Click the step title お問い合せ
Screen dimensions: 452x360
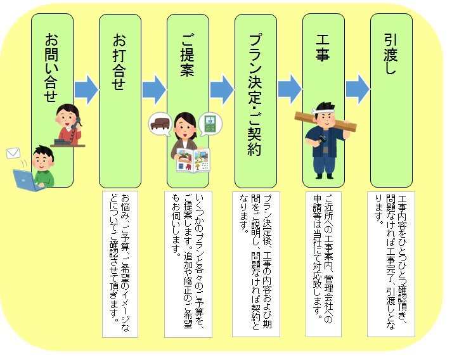click(51, 68)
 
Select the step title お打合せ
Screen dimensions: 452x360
click(119, 62)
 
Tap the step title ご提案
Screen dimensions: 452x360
click(187, 55)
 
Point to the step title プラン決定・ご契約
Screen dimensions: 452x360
click(255, 94)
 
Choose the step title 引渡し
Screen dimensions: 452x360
click(391, 54)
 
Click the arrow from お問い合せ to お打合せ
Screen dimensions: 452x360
click(86, 89)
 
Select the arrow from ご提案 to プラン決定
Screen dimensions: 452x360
click(222, 89)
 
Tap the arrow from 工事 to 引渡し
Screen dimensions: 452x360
click(358, 89)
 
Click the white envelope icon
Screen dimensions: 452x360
click(13, 153)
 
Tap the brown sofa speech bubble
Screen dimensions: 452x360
click(160, 124)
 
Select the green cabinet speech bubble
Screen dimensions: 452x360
click(210, 124)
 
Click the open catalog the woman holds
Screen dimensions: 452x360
click(193, 160)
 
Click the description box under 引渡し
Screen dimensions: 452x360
click(391, 264)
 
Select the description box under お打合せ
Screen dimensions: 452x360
click(120, 264)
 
